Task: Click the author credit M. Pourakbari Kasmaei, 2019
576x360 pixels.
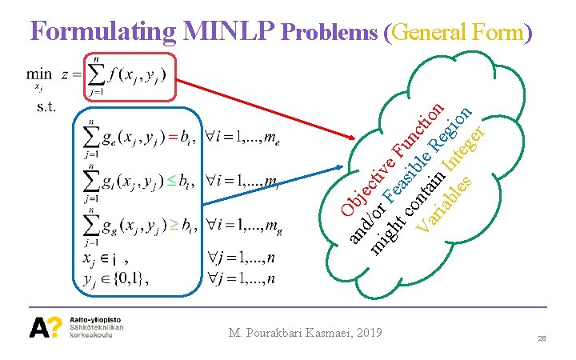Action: pos(306,332)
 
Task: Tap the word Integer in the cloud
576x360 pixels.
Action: pos(465,148)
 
